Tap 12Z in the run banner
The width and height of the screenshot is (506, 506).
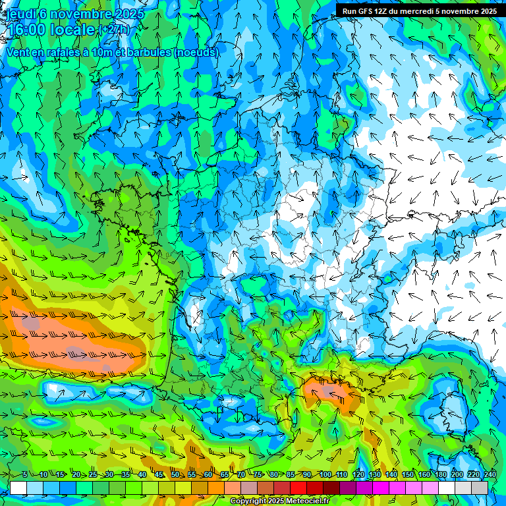(384, 11)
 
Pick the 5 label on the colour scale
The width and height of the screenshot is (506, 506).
(24, 474)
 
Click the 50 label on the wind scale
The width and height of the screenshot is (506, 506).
(175, 474)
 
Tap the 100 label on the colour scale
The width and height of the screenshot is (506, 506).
(325, 474)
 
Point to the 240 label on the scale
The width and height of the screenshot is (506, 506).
(490, 474)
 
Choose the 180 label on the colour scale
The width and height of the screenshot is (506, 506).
(440, 474)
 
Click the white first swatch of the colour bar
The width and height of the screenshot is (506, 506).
(18, 488)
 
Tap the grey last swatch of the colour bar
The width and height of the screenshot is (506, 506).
(480, 488)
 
